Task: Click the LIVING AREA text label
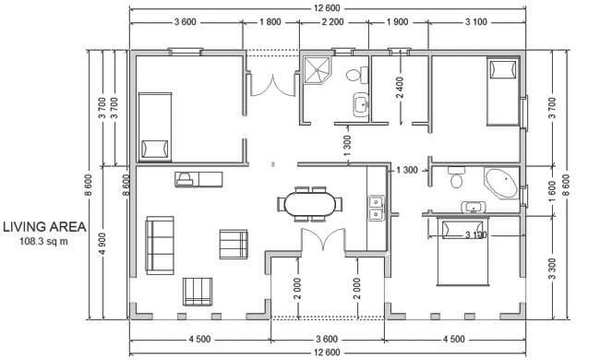pos(44,227)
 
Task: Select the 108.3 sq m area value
pos(43,242)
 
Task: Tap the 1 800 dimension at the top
pos(270,22)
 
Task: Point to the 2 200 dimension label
pos(332,22)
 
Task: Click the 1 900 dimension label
pos(397,22)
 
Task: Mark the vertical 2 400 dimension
pos(400,88)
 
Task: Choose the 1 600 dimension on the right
pos(552,191)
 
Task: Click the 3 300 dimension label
pos(552,269)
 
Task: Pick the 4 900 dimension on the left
pos(102,244)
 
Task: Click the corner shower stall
pos(316,70)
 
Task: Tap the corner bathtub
pos(501,183)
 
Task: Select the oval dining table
pos(310,204)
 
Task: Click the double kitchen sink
pos(376,208)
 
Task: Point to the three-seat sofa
pos(160,246)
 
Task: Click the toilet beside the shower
pos(357,74)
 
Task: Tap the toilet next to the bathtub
pos(456,177)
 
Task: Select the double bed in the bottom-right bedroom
pos(463,251)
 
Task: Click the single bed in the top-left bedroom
pos(154,126)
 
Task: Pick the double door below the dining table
pos(324,239)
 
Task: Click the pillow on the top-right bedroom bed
pos(503,69)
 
